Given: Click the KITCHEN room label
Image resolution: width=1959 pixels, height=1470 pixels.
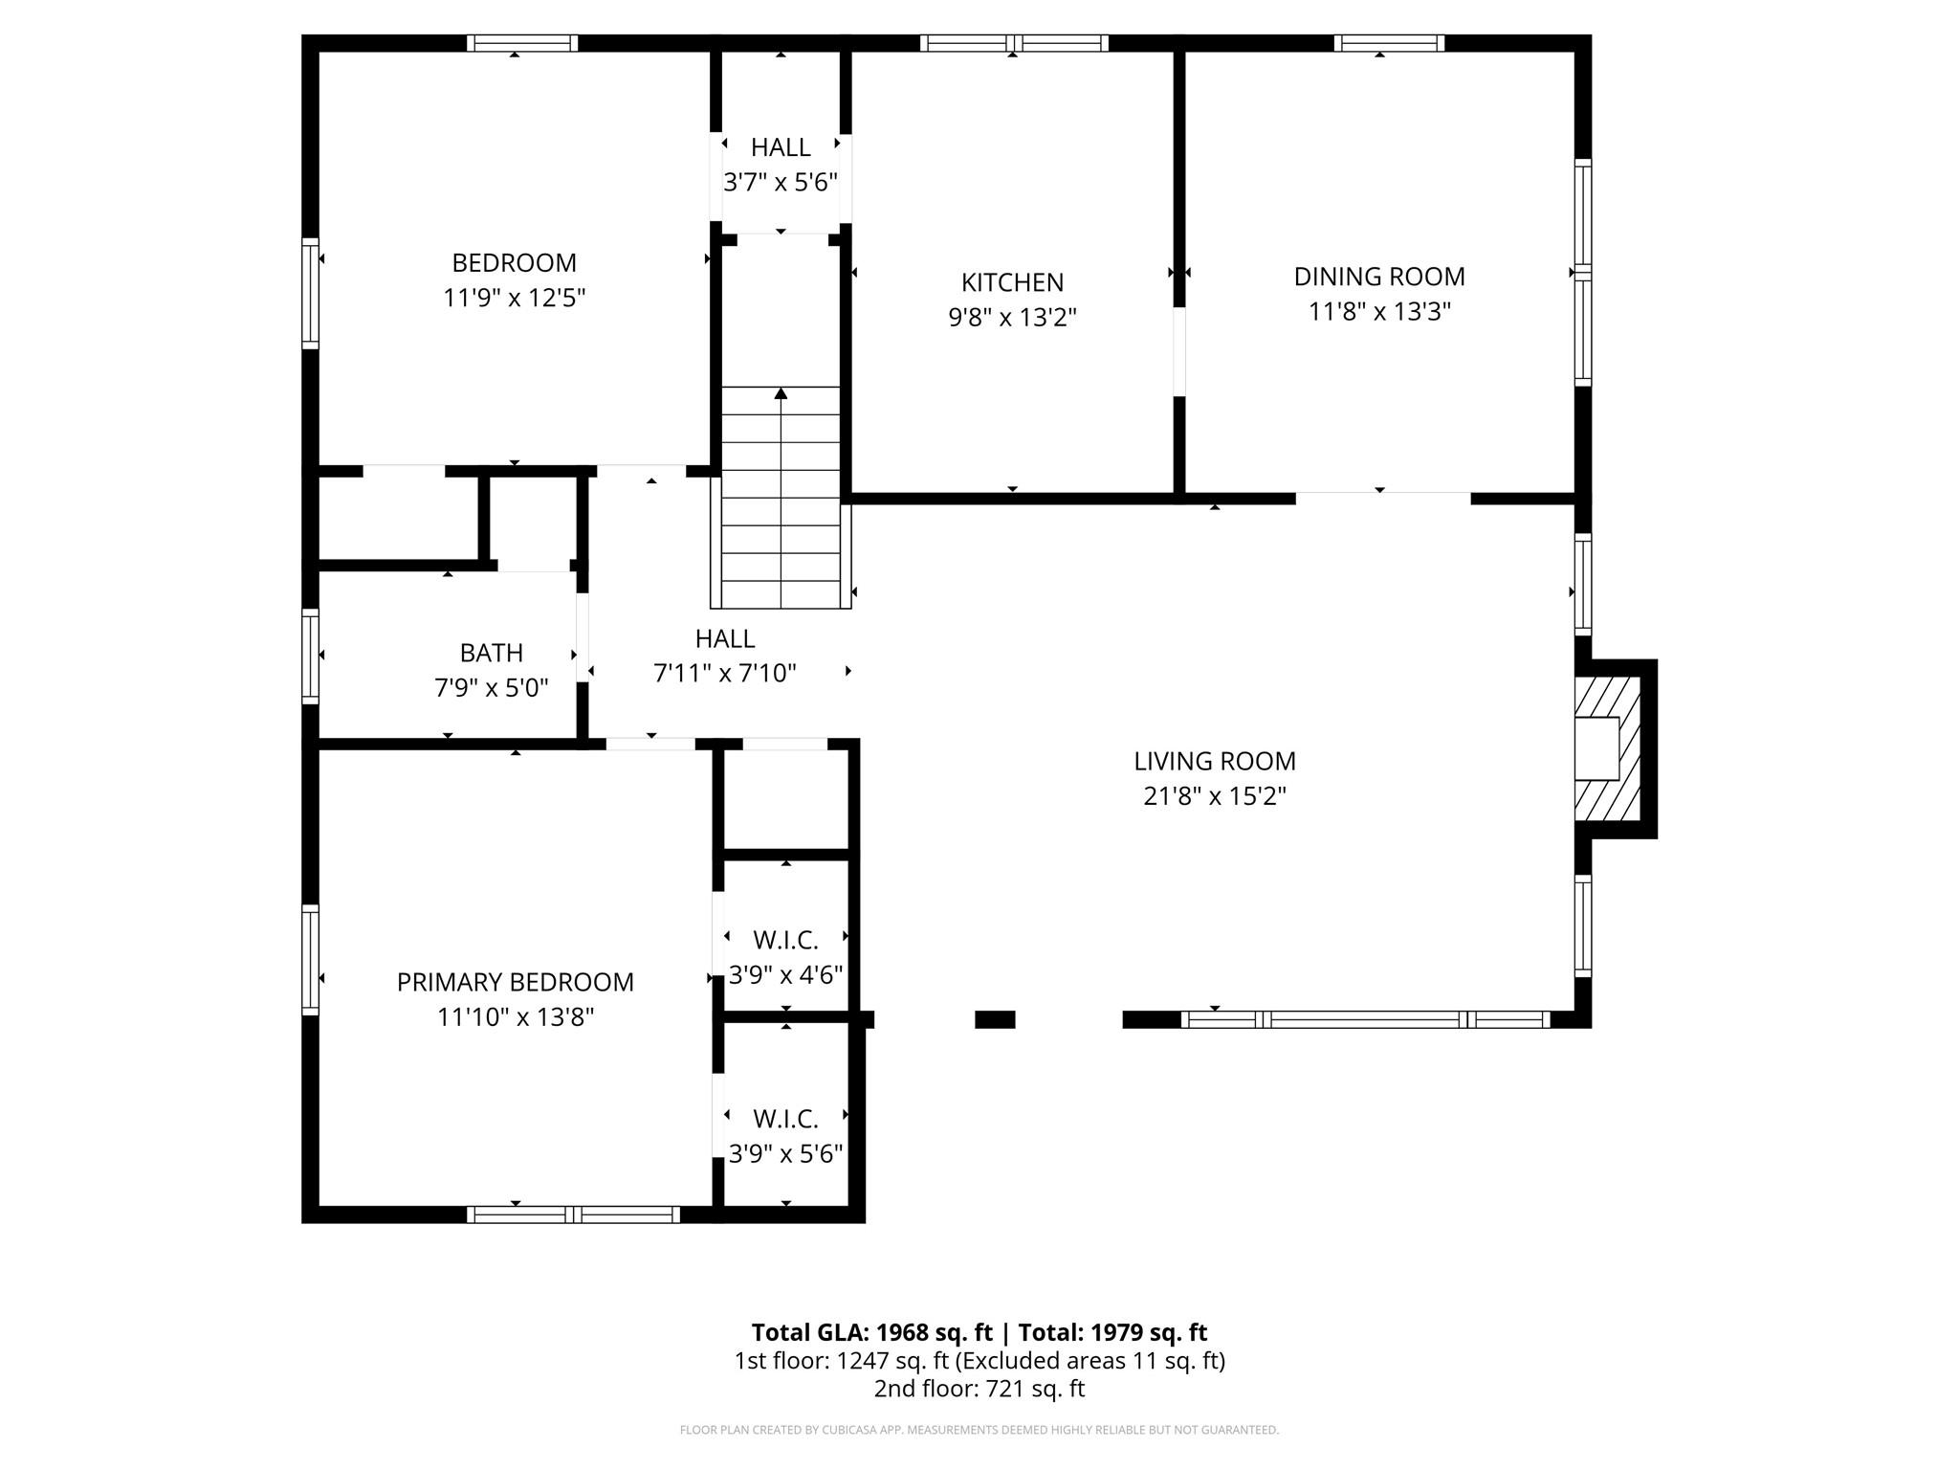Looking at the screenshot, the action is click(1012, 282).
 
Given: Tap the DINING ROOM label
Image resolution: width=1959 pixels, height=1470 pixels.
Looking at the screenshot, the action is click(1379, 277).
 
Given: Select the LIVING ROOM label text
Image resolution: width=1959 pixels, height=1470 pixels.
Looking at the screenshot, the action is click(1215, 761).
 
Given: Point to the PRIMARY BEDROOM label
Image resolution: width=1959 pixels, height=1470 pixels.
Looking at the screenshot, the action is click(516, 982).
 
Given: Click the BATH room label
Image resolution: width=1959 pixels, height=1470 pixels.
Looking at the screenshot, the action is click(492, 653).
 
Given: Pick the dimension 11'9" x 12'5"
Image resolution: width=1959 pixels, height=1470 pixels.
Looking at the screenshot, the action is click(515, 298).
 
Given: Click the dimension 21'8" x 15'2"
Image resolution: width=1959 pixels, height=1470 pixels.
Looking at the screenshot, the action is click(1215, 796).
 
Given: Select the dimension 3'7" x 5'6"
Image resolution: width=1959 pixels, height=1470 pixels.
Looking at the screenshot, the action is click(781, 183).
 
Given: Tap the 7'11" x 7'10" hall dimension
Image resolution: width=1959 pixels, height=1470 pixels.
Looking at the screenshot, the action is click(725, 674).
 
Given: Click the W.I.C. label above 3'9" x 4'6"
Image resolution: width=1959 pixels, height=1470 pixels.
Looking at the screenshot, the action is click(785, 941).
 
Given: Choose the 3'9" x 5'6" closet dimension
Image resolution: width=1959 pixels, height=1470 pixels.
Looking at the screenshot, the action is click(785, 1154).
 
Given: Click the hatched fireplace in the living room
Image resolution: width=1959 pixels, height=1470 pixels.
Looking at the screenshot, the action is click(1608, 748).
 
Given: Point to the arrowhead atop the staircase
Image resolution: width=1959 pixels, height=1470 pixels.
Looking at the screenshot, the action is click(781, 393).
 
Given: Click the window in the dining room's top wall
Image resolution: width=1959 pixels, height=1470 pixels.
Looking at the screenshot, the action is click(1389, 43).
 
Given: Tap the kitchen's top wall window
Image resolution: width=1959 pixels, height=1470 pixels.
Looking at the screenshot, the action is click(1014, 43).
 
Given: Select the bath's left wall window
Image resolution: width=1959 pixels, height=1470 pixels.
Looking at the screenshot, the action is click(310, 656).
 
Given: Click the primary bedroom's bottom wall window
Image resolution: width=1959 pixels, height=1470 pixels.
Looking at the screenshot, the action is click(574, 1214).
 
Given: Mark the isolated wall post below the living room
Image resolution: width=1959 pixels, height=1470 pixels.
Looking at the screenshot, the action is click(995, 1020).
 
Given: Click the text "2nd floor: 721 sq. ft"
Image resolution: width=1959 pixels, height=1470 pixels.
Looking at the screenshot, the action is click(979, 1389).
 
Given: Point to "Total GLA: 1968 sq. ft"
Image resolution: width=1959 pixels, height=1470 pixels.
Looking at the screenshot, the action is click(872, 1332).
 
